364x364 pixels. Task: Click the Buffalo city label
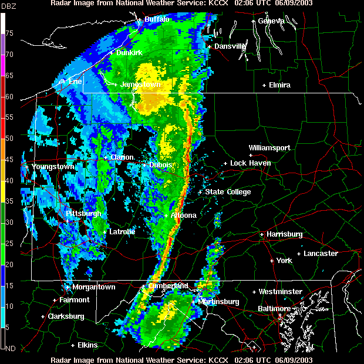click(157, 19)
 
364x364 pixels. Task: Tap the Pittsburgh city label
click(84, 214)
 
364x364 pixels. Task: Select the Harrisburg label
click(284, 234)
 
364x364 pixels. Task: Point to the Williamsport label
click(269, 148)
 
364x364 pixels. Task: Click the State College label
click(228, 192)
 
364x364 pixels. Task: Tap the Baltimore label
click(274, 309)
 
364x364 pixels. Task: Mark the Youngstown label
click(53, 167)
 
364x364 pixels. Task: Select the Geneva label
click(271, 21)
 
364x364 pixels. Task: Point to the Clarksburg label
click(66, 316)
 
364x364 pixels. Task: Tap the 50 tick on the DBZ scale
click(9, 139)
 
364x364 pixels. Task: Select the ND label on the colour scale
click(9, 348)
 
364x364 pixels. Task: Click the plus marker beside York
click(271, 261)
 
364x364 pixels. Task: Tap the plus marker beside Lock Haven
click(225, 163)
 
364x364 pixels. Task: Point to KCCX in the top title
click(218, 4)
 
